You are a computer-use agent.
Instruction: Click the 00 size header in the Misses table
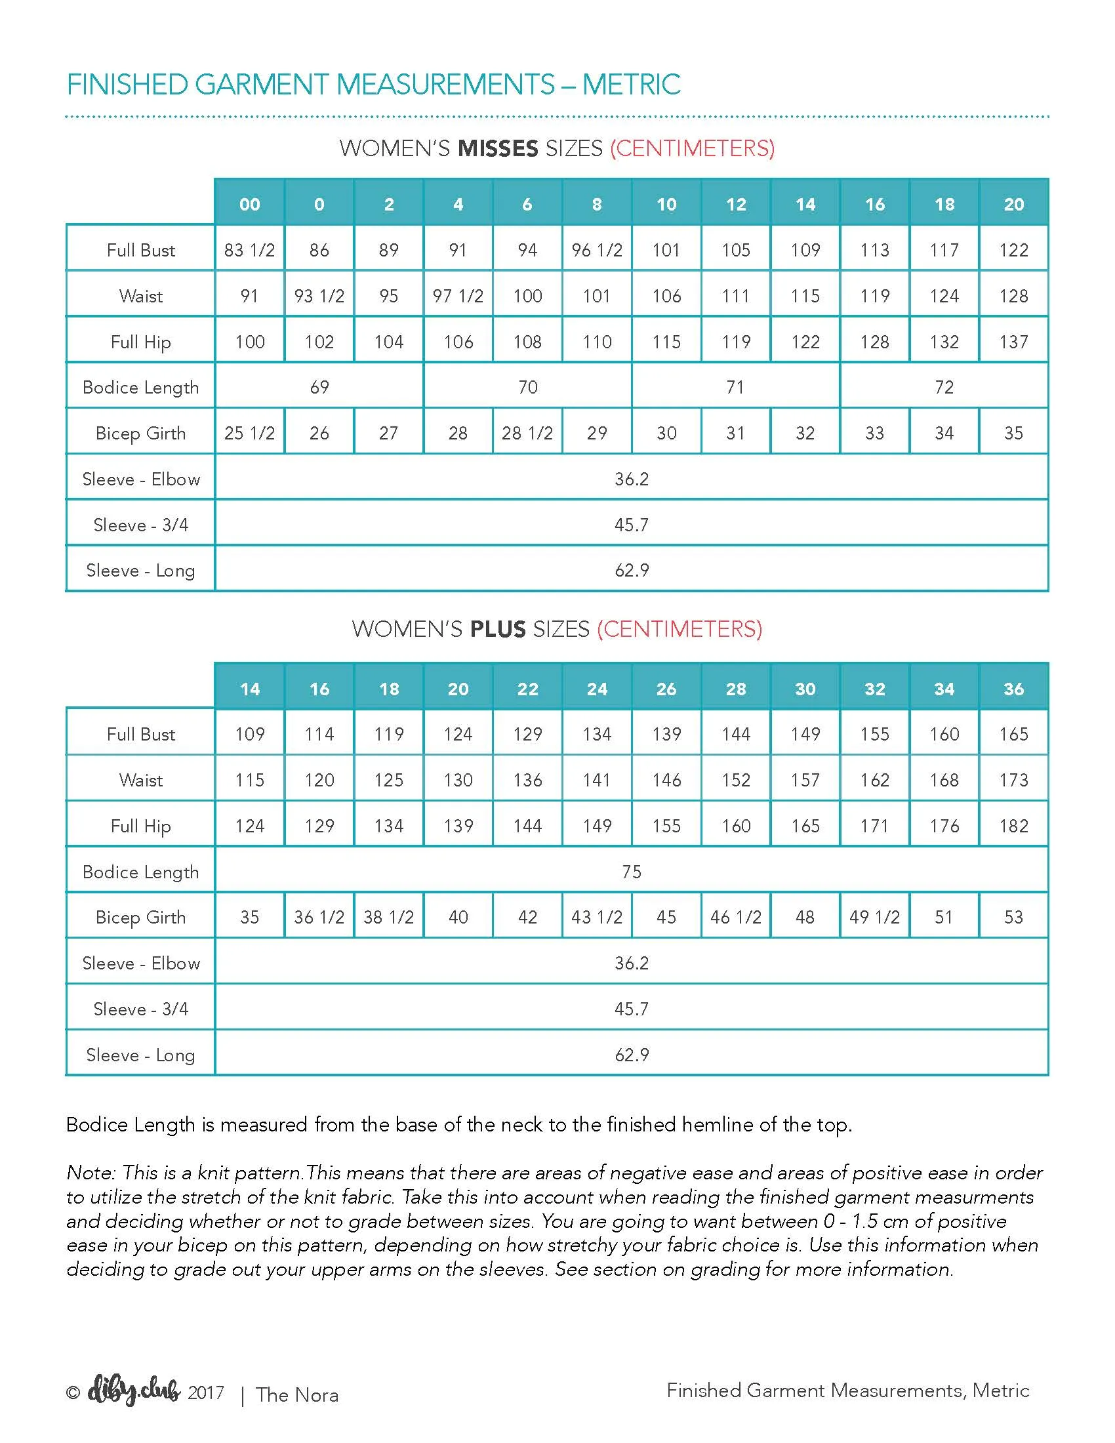click(x=250, y=204)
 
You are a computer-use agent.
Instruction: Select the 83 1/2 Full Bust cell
click(x=250, y=250)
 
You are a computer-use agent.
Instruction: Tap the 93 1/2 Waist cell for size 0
click(x=319, y=296)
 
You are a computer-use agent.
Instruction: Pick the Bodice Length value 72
click(x=944, y=387)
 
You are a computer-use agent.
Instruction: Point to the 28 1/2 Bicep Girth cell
click(x=527, y=434)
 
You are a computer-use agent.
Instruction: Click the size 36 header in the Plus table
click(x=1013, y=689)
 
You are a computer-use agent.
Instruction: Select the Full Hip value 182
click(x=1013, y=826)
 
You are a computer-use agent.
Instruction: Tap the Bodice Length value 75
click(x=632, y=872)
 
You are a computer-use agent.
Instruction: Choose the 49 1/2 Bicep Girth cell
click(x=874, y=917)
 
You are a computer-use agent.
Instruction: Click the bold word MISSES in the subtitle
click(x=498, y=149)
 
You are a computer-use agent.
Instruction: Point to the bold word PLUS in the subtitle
click(x=497, y=629)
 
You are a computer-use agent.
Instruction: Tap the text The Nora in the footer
click(x=297, y=1394)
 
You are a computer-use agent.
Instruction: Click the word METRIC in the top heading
click(x=631, y=85)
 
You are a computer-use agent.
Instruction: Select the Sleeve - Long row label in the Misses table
click(x=141, y=570)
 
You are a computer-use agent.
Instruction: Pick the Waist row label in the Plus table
click(x=141, y=781)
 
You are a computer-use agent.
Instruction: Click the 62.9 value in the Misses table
click(x=632, y=570)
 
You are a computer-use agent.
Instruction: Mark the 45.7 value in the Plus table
click(x=632, y=1009)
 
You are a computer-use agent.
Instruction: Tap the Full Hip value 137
click(x=1013, y=342)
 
